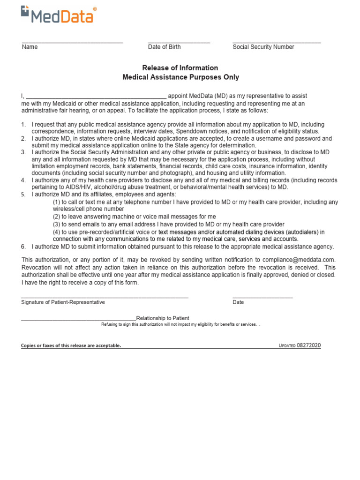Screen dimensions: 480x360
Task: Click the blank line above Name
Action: pos(72,43)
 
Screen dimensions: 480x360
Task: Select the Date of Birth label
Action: pos(164,47)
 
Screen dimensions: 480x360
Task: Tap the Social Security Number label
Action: pos(263,47)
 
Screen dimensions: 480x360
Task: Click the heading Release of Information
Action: pos(180,68)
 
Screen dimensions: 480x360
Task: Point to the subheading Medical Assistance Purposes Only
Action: pos(180,77)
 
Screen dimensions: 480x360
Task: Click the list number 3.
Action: pos(23,152)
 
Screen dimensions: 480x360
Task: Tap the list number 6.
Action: pos(23,247)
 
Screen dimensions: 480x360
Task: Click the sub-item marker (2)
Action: pos(56,217)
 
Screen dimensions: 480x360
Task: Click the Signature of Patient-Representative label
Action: pos(63,302)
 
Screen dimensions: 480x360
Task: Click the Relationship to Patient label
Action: pos(163,318)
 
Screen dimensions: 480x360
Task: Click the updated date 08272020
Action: pos(309,345)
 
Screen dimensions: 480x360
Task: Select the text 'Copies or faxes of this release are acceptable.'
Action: pos(71,345)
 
